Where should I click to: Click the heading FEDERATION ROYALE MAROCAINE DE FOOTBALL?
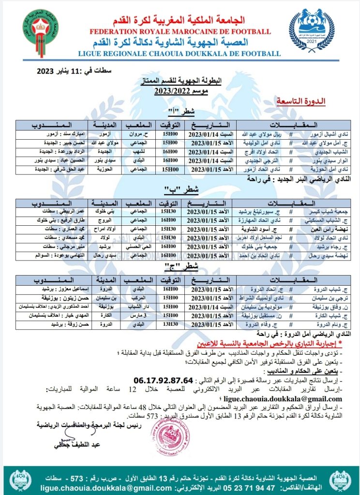click(x=180, y=32)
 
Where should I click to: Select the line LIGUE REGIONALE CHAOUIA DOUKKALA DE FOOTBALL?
click(x=180, y=54)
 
